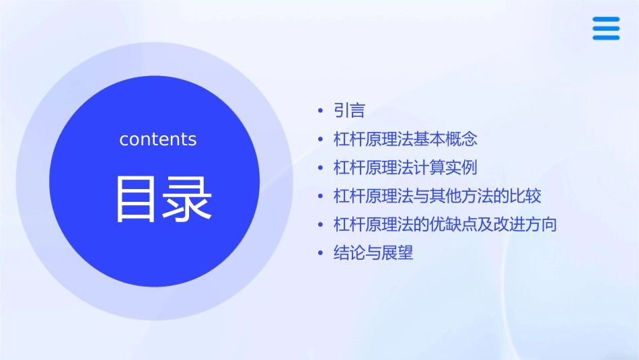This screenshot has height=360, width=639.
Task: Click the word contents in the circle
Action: (158, 139)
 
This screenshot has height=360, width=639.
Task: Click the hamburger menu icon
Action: (606, 28)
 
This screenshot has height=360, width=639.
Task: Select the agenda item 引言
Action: (349, 110)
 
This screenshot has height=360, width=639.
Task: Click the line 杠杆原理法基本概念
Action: (405, 139)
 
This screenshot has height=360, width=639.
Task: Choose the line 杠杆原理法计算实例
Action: (405, 168)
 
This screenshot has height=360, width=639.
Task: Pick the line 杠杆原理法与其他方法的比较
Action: (437, 196)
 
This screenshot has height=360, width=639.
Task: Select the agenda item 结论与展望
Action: (373, 254)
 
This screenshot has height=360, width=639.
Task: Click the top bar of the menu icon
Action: (606, 20)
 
